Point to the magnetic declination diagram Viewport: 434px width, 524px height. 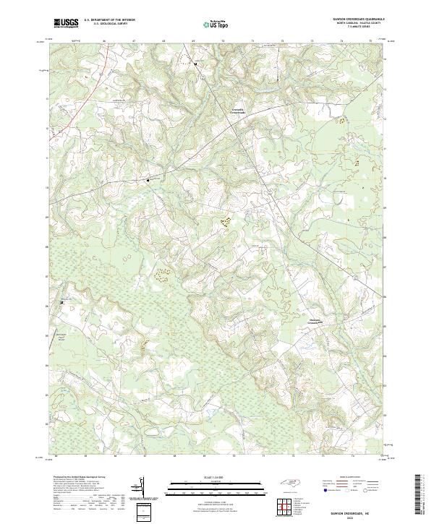pos(141,488)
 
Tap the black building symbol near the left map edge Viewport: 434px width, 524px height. pos(62,301)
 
